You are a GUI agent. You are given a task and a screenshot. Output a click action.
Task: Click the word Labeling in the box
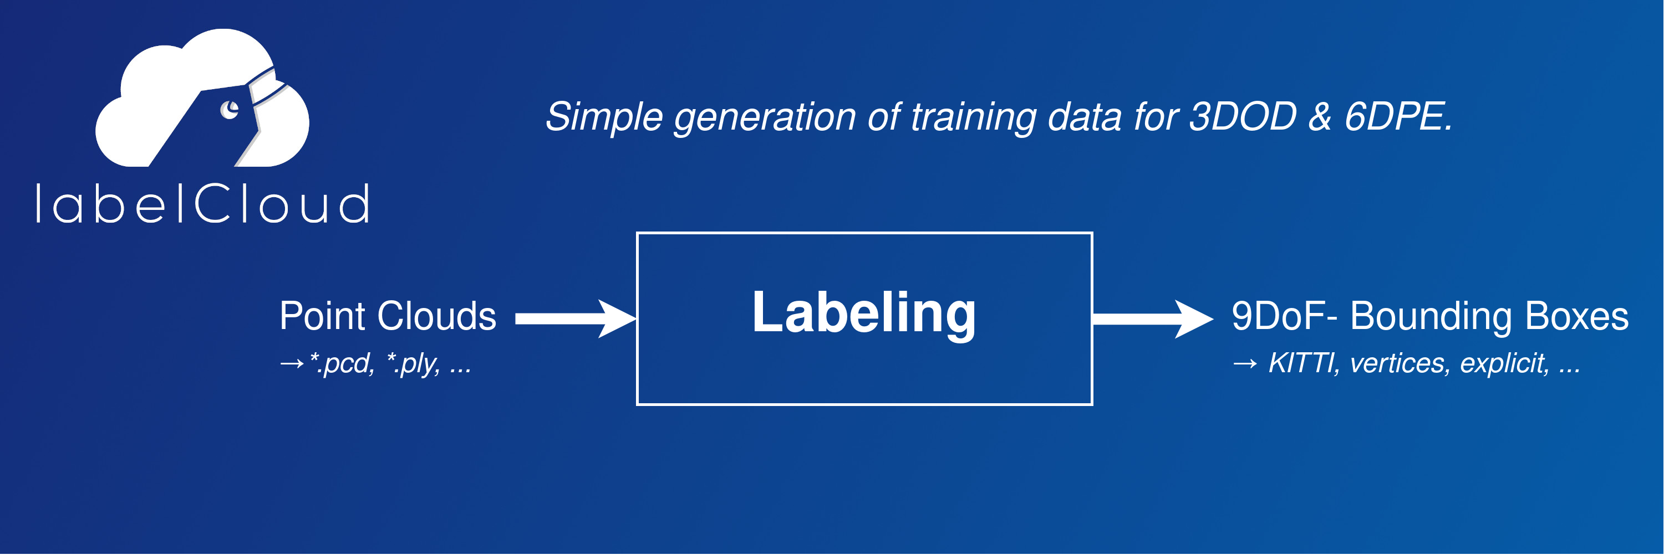coord(864,314)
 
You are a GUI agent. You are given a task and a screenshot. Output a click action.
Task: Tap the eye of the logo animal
coord(230,110)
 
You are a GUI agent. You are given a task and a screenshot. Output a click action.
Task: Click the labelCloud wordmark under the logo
coord(202,203)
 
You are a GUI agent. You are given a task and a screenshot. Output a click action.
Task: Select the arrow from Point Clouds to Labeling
coord(576,318)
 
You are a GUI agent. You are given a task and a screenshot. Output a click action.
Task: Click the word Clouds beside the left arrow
coord(437,316)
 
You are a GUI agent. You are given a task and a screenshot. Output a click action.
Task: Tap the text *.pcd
coord(342,363)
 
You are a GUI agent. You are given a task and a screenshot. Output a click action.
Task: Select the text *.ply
coord(414,363)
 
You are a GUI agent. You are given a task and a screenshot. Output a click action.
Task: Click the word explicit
coord(1504,364)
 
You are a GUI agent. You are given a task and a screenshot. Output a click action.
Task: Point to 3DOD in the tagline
coord(1243,117)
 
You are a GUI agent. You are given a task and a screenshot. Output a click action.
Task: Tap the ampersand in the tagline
coord(1320,117)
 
